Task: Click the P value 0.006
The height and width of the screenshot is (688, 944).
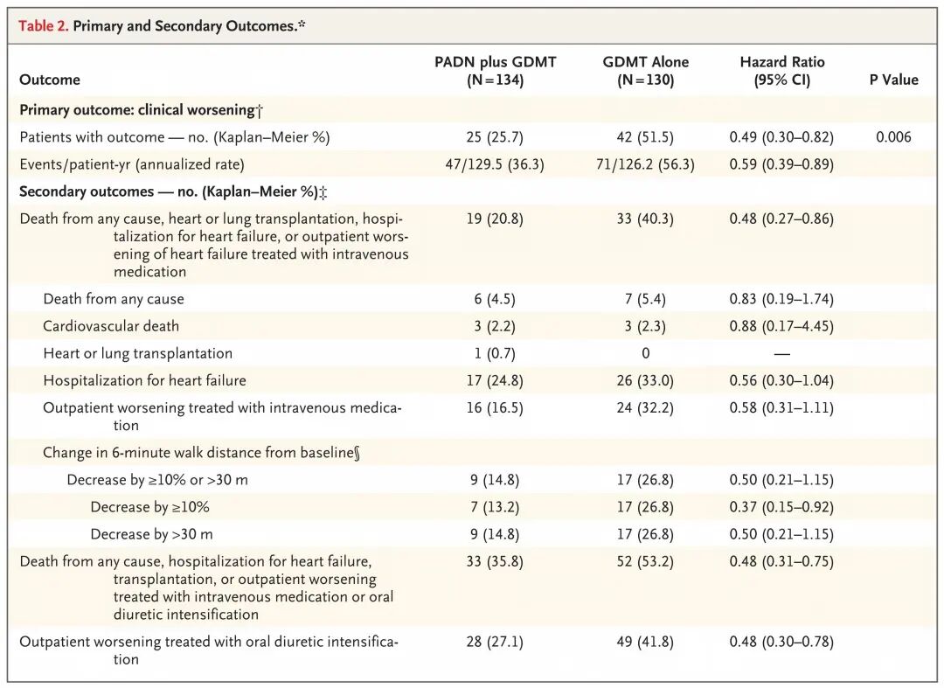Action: coord(893,137)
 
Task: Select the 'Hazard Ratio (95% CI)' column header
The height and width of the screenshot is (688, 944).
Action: coord(782,71)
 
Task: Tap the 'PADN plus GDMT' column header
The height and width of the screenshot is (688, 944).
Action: coord(495,71)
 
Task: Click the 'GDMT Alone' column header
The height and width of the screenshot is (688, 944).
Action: coord(645,71)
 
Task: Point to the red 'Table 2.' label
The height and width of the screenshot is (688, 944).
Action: coord(44,26)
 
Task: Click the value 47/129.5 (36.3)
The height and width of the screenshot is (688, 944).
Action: coord(495,164)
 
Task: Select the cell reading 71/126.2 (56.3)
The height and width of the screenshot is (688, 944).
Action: coord(645,164)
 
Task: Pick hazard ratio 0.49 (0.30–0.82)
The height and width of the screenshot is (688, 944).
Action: coord(781,137)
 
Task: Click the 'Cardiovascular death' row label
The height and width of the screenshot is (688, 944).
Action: coord(111,326)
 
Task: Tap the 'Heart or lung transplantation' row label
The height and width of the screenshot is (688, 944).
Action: coord(137,353)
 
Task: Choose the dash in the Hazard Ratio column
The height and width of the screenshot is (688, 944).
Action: coord(782,354)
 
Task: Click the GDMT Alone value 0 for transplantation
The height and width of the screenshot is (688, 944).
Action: coord(645,353)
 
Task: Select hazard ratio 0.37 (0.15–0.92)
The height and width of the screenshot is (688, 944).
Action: coord(781,507)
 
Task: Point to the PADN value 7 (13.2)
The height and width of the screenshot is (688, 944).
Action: coord(495,507)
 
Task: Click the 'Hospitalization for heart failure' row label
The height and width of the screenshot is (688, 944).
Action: coord(144,380)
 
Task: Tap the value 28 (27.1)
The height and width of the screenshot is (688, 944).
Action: coord(495,642)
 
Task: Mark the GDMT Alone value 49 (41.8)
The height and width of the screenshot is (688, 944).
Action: coord(645,642)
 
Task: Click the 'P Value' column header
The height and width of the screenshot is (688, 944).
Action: coord(893,80)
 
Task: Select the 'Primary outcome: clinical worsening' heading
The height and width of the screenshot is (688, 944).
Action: coord(141,110)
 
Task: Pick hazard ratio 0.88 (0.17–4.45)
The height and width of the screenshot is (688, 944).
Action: coord(781,326)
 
